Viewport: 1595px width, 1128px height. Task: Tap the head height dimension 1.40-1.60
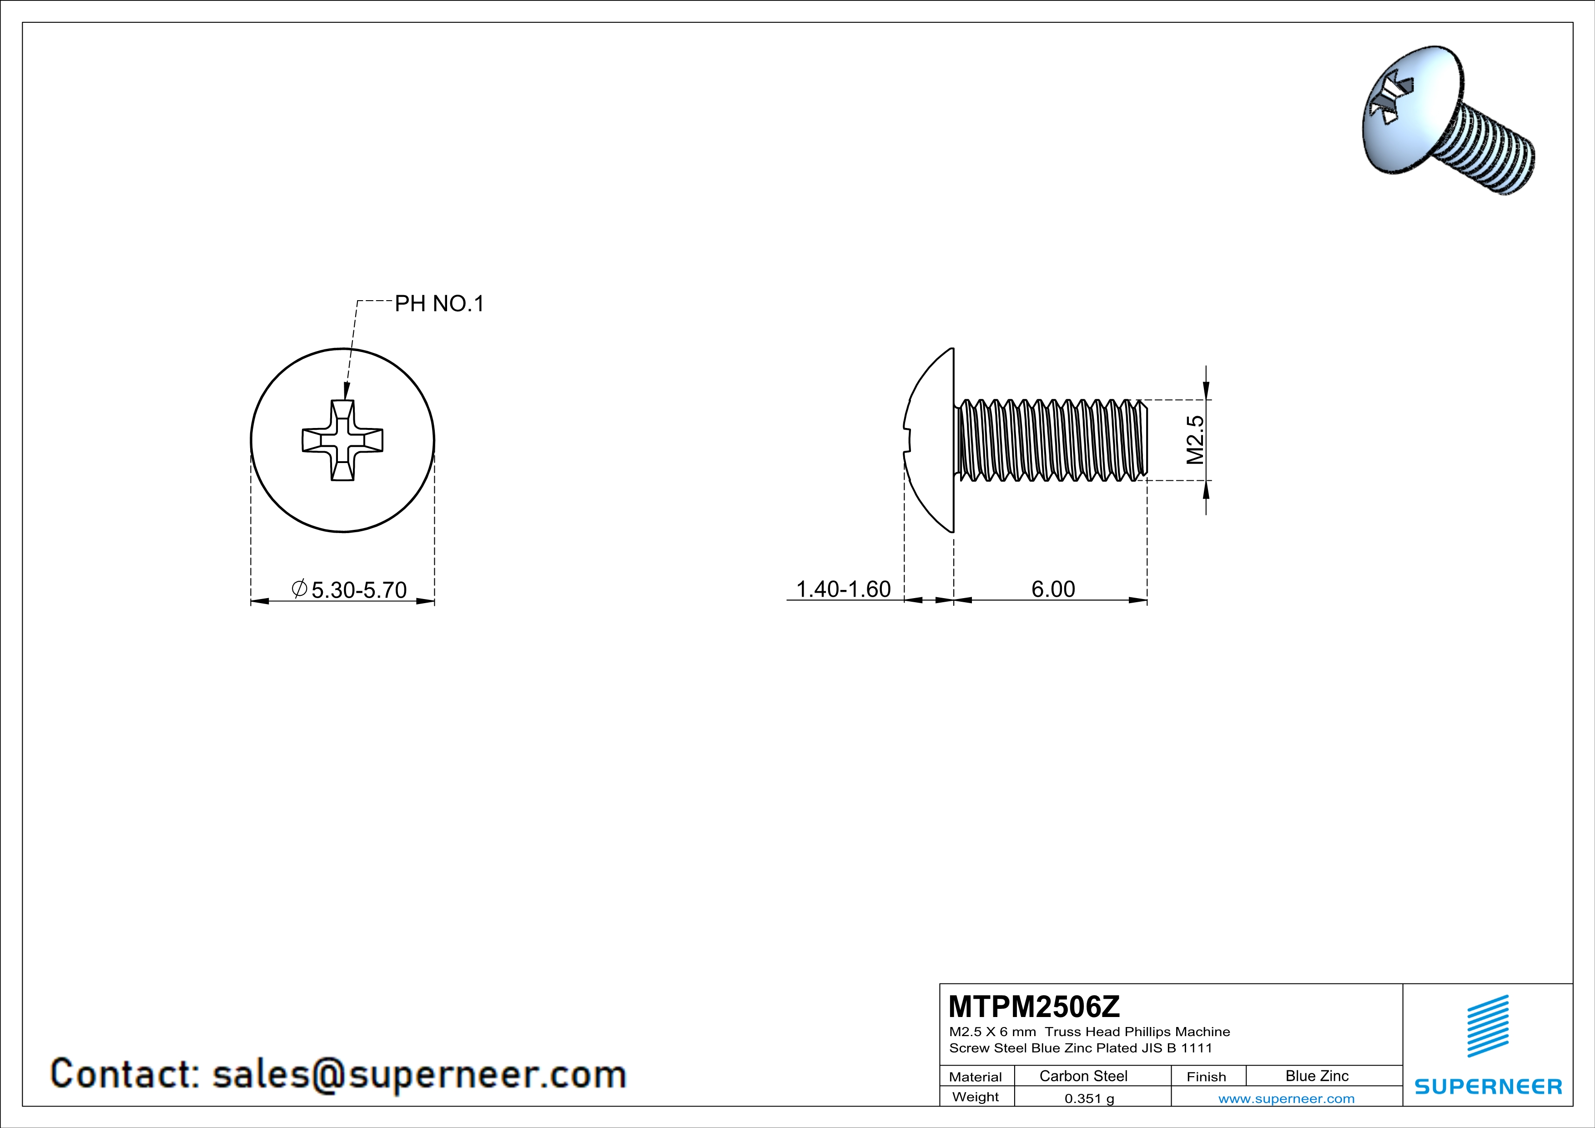[x=843, y=589]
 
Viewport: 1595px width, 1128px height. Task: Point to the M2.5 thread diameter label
[x=1194, y=440]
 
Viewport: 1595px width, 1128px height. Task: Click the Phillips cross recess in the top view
[x=342, y=440]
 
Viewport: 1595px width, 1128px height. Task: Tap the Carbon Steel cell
[x=1083, y=1076]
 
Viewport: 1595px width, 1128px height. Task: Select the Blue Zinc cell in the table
[x=1316, y=1076]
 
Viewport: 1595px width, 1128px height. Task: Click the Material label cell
[x=976, y=1077]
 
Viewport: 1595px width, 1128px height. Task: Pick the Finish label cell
[x=1206, y=1077]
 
